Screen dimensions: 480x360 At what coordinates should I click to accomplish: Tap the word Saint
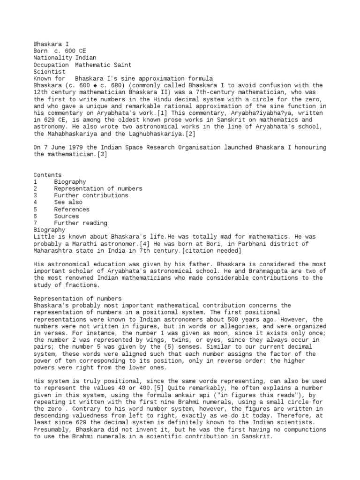(x=121, y=64)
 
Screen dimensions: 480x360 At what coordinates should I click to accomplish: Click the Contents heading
(x=47, y=174)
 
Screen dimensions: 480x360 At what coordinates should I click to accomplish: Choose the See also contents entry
(x=68, y=202)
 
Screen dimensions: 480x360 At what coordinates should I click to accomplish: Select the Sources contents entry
(x=66, y=216)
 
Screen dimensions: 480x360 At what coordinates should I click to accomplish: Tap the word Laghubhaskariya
(x=140, y=134)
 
